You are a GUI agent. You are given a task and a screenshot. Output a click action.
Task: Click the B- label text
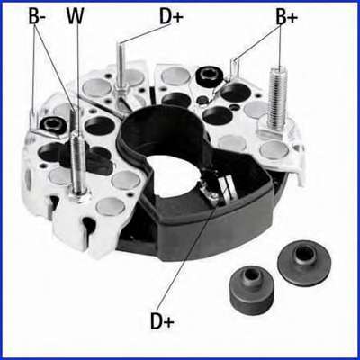(x=37, y=16)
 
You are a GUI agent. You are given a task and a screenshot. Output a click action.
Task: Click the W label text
(x=76, y=16)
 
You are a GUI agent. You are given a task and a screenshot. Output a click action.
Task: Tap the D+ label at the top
(x=171, y=17)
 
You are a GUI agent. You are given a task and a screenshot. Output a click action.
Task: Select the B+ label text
(x=287, y=17)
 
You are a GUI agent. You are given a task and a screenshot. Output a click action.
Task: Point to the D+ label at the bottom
(x=162, y=320)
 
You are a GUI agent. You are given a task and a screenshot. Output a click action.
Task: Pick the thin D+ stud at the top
(x=121, y=64)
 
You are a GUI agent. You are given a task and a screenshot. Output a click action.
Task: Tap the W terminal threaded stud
(x=77, y=162)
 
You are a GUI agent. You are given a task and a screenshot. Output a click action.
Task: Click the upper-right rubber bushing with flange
(x=305, y=263)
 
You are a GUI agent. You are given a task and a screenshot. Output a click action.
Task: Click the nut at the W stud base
(x=77, y=195)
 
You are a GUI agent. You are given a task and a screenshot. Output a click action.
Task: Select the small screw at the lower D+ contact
(x=213, y=196)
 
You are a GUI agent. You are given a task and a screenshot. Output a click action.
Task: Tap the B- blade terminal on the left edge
(x=33, y=120)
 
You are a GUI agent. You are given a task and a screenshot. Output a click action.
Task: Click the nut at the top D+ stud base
(x=121, y=90)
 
